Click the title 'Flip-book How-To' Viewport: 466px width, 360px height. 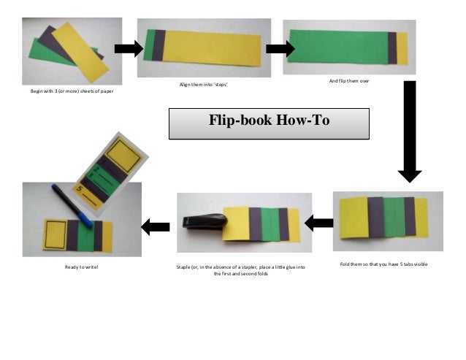270,120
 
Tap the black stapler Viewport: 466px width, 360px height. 205,221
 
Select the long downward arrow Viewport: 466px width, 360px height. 410,131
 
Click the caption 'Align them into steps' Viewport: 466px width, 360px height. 204,85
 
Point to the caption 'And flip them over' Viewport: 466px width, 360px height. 349,81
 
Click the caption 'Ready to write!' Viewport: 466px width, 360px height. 81,267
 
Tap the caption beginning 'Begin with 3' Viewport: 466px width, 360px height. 72,91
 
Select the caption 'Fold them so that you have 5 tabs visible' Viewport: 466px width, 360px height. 383,264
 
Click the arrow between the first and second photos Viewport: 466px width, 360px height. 129,49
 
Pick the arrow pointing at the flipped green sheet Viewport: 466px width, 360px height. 280,49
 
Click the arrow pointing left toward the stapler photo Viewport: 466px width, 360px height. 319,223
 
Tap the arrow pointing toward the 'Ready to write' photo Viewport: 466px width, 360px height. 155,227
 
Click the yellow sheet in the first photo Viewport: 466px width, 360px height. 80,53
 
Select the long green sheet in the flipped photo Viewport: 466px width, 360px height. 339,47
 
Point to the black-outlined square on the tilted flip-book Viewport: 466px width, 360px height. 123,156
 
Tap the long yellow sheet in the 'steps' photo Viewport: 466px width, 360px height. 212,48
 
